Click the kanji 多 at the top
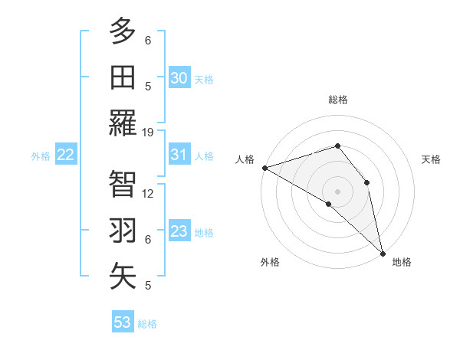pyautogui.click(x=123, y=32)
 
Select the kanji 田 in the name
pyautogui.click(x=123, y=77)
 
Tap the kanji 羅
pyautogui.click(x=123, y=123)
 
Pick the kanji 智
pyautogui.click(x=123, y=185)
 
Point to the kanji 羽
pyautogui.click(x=123, y=231)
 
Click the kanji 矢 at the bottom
pyautogui.click(x=123, y=277)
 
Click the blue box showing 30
pyautogui.click(x=179, y=77)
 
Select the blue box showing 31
pyautogui.click(x=179, y=155)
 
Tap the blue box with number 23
pyautogui.click(x=179, y=231)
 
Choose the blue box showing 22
pyautogui.click(x=66, y=155)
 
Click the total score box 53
pyautogui.click(x=123, y=322)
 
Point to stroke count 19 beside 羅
pyautogui.click(x=148, y=133)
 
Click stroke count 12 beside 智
pyautogui.click(x=148, y=194)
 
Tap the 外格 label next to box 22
pyautogui.click(x=41, y=156)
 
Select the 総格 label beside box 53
pyautogui.click(x=147, y=324)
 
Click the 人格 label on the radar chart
pyautogui.click(x=245, y=159)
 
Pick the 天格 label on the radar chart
pyautogui.click(x=432, y=159)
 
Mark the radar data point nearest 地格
pyautogui.click(x=383, y=252)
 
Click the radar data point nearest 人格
pyautogui.click(x=264, y=167)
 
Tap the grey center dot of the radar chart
pyautogui.click(x=337, y=191)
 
